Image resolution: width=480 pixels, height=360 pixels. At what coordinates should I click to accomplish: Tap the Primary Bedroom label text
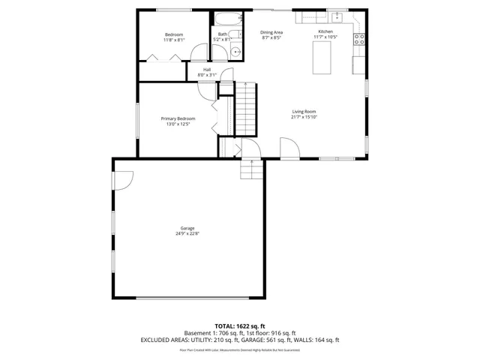[178, 118]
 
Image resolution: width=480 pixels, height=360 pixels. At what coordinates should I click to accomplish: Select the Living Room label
[304, 112]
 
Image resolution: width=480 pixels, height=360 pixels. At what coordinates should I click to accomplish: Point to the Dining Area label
[271, 32]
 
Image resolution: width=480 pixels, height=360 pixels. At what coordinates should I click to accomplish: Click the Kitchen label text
[325, 31]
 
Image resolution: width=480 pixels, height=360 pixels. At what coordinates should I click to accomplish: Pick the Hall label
[206, 70]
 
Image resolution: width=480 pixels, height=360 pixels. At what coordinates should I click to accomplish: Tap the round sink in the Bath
[235, 52]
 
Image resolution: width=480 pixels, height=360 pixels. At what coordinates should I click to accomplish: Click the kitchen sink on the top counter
[337, 16]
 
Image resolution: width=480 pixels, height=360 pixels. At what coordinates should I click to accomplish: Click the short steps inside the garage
[251, 171]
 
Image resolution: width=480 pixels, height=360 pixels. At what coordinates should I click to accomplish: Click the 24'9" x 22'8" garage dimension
[187, 233]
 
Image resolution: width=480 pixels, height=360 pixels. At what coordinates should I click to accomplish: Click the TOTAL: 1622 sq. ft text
[240, 326]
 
